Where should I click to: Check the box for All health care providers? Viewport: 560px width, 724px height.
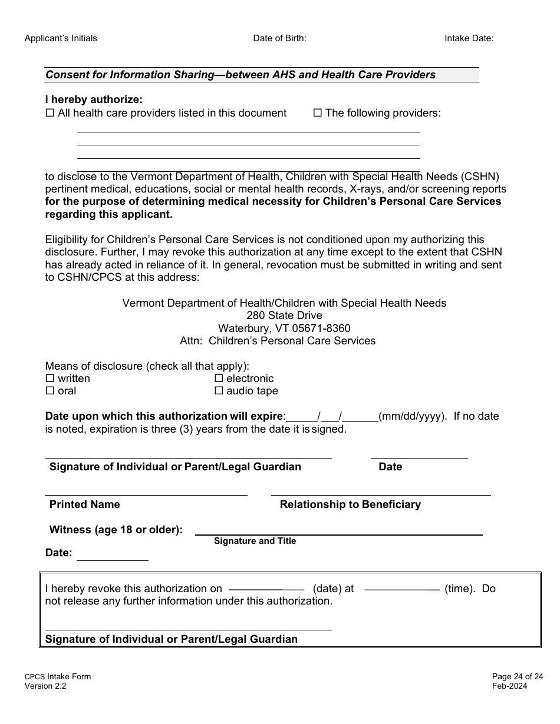(50, 113)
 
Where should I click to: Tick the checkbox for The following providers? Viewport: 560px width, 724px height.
(317, 113)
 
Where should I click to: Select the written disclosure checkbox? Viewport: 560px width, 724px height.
(50, 378)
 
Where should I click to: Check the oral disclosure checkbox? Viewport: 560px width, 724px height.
(50, 391)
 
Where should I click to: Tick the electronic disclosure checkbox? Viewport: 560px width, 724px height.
(219, 378)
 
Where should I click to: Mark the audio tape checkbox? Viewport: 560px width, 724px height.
(219, 391)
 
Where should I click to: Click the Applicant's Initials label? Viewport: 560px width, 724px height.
(61, 38)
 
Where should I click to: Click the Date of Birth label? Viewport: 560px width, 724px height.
(279, 38)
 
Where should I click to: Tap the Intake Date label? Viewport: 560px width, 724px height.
(469, 38)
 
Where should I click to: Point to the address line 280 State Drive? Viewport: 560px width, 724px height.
(284, 315)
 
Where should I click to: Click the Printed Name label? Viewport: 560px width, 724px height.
(84, 504)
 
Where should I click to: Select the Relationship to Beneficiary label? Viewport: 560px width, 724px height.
(350, 504)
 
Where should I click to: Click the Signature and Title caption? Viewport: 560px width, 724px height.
(255, 541)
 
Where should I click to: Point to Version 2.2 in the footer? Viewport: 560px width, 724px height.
(45, 686)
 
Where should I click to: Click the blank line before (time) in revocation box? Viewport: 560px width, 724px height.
(402, 589)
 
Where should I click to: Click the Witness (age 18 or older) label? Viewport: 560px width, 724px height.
(116, 530)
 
